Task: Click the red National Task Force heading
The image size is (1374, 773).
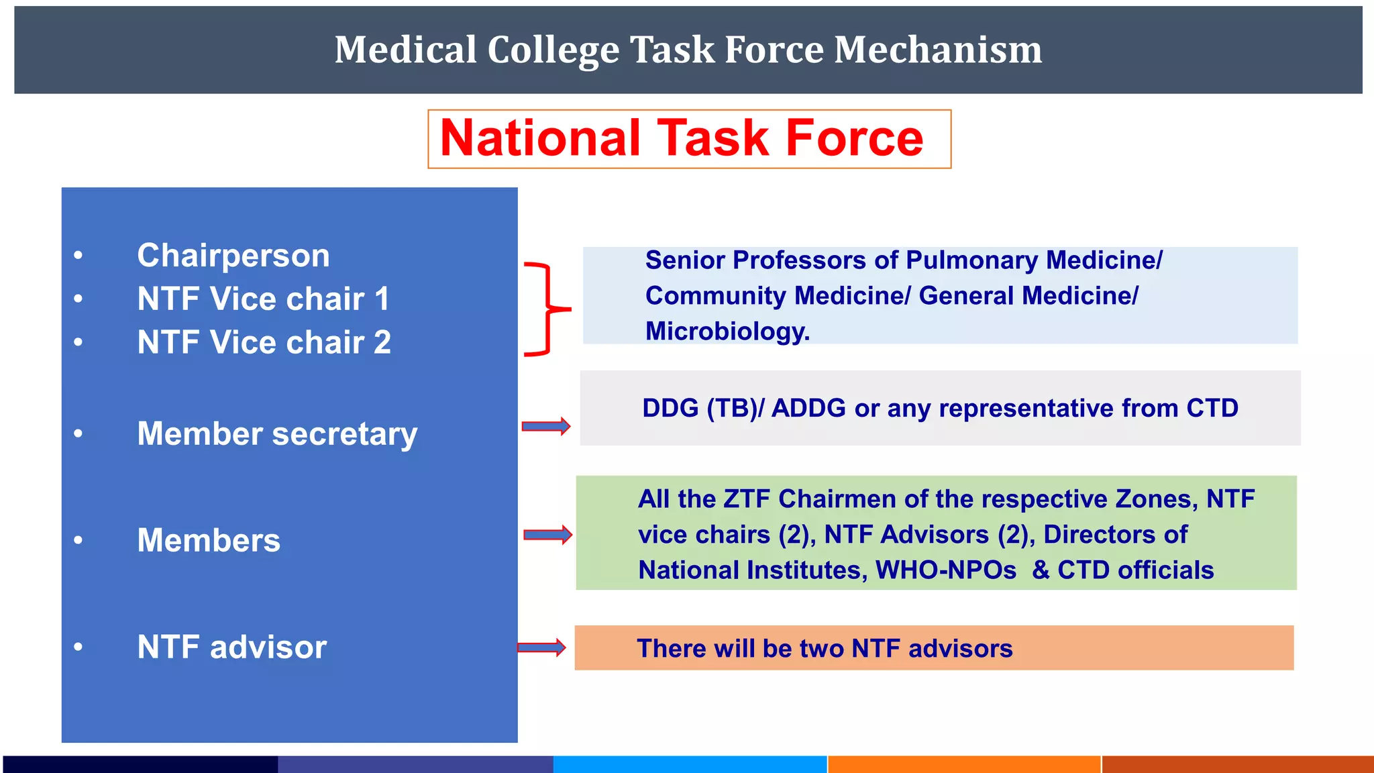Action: pos(682,138)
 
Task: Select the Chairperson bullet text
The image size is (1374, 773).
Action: pos(233,256)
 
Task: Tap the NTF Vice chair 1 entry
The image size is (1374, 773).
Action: pos(263,299)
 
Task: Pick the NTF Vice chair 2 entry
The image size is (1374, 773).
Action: pos(264,343)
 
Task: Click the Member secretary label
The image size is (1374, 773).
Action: pos(277,434)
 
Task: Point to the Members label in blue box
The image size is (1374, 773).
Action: pos(209,541)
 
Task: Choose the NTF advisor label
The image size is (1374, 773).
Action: pos(231,648)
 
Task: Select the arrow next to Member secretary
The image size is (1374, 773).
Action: pos(546,426)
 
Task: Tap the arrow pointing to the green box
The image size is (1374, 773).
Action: pos(547,535)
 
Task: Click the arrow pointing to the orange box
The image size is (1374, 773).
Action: pos(541,648)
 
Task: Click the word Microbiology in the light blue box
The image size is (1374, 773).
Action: pos(727,331)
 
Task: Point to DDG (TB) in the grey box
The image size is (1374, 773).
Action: pos(698,408)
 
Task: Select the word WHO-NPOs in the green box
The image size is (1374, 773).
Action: pos(946,570)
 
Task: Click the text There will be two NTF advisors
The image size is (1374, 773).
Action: pos(825,649)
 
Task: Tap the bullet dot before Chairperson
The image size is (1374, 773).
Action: pos(78,256)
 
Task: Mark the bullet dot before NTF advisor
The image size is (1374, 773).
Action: pos(78,648)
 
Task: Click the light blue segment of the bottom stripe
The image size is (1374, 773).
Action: pos(690,764)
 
